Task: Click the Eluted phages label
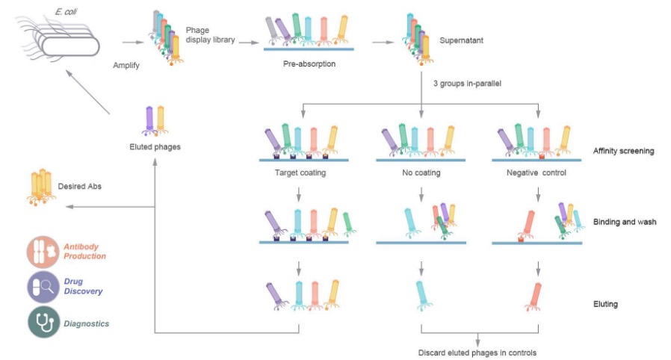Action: pos(155,146)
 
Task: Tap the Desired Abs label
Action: pos(84,187)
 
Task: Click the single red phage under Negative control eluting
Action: pos(535,296)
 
